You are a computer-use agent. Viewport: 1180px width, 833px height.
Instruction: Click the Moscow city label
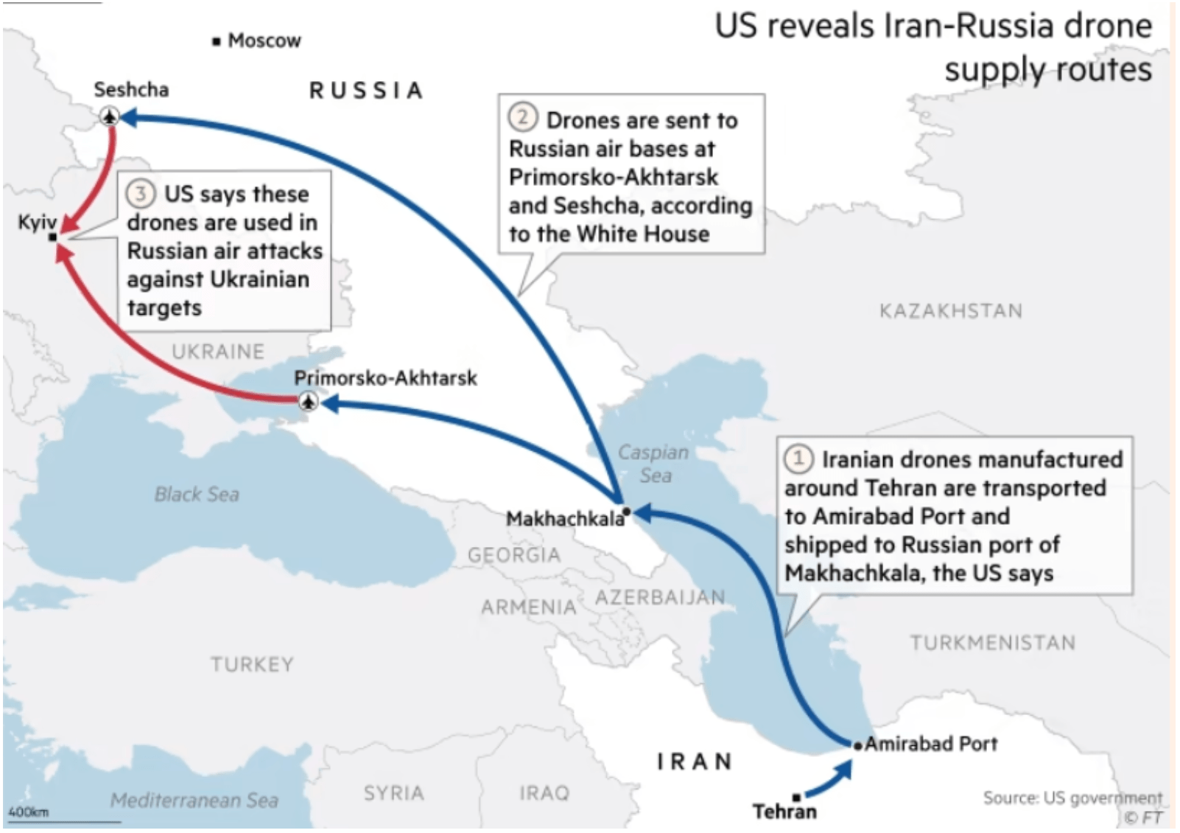click(x=264, y=41)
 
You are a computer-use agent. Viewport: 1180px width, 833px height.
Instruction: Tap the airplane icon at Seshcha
click(x=110, y=116)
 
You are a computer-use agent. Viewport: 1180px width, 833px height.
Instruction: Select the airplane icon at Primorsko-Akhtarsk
click(x=309, y=402)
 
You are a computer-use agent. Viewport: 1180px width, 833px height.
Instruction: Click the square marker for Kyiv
click(x=52, y=237)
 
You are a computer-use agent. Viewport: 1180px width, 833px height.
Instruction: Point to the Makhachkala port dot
click(x=626, y=510)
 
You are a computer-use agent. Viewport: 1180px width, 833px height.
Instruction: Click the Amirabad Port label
click(x=931, y=744)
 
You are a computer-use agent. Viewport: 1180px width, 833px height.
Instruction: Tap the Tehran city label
click(x=784, y=812)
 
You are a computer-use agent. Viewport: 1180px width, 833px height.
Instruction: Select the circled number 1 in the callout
click(x=798, y=459)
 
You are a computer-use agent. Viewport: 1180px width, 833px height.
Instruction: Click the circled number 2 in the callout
click(x=522, y=118)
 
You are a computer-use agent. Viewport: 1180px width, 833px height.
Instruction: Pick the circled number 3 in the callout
click(x=140, y=194)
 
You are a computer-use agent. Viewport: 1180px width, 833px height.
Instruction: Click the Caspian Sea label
click(x=653, y=464)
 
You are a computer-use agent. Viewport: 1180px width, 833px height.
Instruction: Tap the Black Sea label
click(x=197, y=494)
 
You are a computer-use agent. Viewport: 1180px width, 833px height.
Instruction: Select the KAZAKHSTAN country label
click(x=950, y=310)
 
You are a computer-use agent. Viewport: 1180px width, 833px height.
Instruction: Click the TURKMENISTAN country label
click(x=992, y=643)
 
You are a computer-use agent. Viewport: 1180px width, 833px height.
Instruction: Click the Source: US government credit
click(x=1072, y=798)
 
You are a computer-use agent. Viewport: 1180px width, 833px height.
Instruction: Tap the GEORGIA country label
click(x=514, y=554)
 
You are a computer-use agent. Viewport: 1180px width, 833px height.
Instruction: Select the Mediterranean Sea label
click(x=194, y=800)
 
